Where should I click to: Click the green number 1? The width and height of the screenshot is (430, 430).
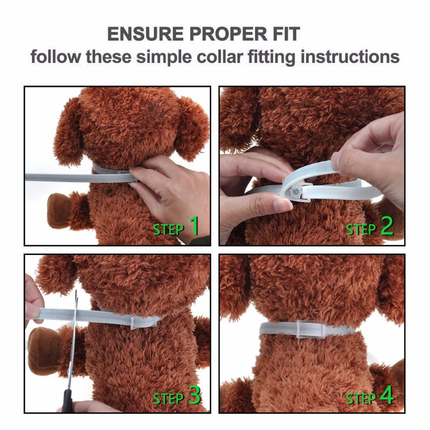pyautogui.click(x=194, y=226)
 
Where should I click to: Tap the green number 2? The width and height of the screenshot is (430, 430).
pyautogui.click(x=386, y=226)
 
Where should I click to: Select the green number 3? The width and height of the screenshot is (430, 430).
pyautogui.click(x=195, y=395)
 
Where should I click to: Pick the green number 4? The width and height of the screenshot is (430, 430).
pyautogui.click(x=386, y=395)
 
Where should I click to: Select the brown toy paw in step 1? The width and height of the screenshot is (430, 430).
pyautogui.click(x=60, y=210)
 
